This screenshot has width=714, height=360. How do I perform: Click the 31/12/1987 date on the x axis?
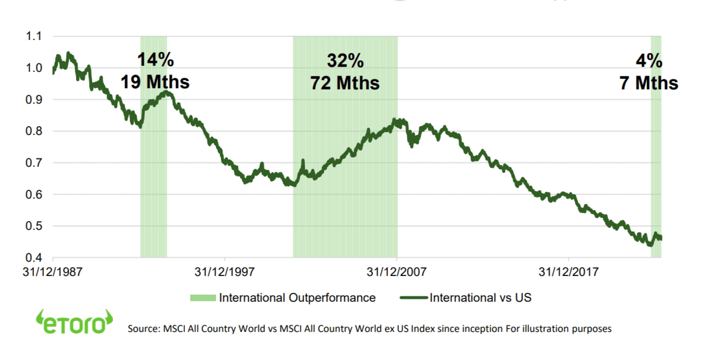click(53, 272)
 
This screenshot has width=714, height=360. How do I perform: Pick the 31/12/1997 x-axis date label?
click(225, 272)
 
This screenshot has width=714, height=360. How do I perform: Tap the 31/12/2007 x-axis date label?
click(397, 272)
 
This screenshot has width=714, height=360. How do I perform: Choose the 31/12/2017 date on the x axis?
click(569, 272)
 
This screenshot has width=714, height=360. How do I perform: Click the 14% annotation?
click(155, 60)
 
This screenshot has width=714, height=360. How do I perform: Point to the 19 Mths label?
click(155, 82)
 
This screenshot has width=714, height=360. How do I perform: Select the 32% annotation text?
click(345, 60)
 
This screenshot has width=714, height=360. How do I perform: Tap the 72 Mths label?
click(345, 82)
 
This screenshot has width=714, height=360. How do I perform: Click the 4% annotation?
click(649, 60)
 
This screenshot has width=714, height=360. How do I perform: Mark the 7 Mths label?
click(649, 82)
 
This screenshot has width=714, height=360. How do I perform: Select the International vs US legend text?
click(481, 298)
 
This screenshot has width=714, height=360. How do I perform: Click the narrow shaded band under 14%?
click(154, 192)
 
